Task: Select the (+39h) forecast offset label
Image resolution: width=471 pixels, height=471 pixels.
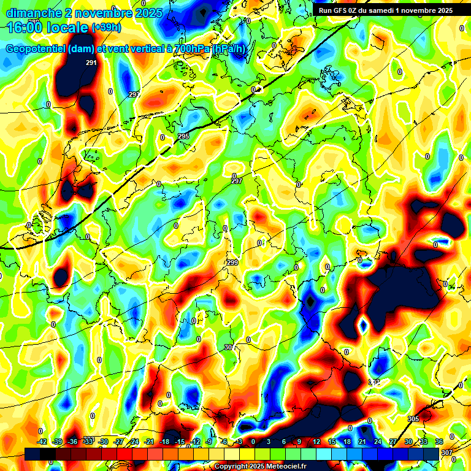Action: [x=106, y=28]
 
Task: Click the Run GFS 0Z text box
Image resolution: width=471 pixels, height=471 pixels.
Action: [x=385, y=10]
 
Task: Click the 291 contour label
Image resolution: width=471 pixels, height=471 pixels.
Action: [x=91, y=63]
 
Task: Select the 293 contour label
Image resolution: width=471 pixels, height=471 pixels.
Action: [x=134, y=94]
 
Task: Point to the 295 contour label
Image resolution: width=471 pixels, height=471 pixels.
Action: [x=183, y=136]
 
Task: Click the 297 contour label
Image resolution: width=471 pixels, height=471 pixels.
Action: [x=237, y=181]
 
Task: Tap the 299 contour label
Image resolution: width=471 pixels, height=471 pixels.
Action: [x=232, y=262]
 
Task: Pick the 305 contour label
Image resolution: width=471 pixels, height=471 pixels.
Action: [x=413, y=418]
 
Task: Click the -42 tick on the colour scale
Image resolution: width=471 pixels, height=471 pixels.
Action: [x=42, y=442]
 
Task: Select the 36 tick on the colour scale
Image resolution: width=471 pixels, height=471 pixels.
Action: [x=439, y=442]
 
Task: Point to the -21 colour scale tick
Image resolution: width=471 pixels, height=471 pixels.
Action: [x=149, y=442]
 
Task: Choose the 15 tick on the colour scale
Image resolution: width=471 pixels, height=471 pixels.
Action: [x=332, y=442]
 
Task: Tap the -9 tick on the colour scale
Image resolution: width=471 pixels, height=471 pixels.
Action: [x=209, y=442]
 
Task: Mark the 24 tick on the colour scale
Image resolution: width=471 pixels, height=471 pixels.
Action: [x=378, y=442]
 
